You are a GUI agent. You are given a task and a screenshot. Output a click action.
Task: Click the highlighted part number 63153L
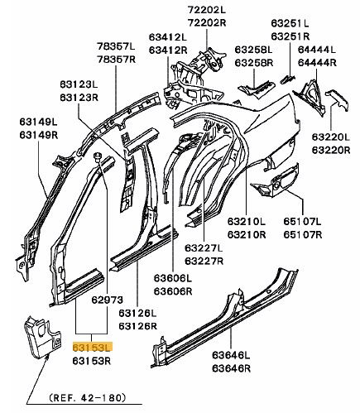tap(92, 348)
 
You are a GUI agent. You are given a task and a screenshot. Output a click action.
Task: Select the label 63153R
tap(92, 361)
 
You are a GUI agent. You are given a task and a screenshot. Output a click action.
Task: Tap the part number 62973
tap(108, 300)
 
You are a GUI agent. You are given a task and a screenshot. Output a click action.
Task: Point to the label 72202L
tap(207, 10)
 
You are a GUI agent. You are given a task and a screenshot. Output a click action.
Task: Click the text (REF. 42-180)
tap(88, 397)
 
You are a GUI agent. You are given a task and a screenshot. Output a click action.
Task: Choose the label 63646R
tap(231, 368)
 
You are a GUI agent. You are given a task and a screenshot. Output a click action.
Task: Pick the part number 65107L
tap(303, 221)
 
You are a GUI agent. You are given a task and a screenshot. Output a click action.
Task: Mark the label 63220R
tap(331, 150)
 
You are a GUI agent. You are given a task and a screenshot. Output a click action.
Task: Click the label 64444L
tap(317, 50)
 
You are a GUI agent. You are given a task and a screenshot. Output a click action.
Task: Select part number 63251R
tap(290, 36)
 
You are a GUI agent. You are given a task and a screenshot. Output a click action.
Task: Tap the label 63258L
tap(253, 50)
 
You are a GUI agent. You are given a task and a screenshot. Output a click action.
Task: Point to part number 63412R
tap(168, 50)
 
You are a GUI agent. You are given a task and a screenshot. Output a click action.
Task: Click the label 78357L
tap(116, 46)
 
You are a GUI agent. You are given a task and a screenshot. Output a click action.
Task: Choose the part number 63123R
tap(79, 98)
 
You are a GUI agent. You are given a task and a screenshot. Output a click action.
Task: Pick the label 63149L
tap(38, 122)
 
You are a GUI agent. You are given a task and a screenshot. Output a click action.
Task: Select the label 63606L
tap(173, 278)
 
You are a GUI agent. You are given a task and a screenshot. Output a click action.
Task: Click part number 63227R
tap(204, 261)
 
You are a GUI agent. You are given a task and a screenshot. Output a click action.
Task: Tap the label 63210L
tap(247, 221)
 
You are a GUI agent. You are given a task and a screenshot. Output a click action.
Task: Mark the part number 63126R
tap(138, 326)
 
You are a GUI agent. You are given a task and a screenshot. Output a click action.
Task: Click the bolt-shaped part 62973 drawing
tap(98, 157)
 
